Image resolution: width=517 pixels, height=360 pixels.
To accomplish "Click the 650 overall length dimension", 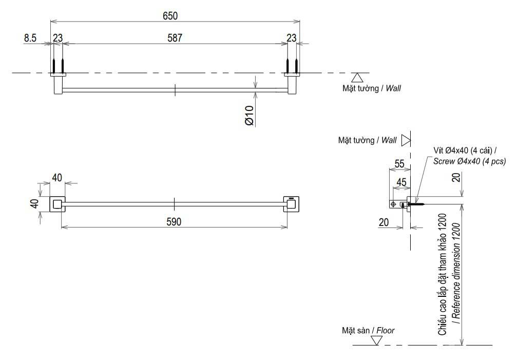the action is [170, 15].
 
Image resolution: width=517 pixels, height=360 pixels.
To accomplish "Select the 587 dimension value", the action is [175, 38].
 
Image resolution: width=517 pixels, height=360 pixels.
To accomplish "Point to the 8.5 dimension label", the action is [30, 38].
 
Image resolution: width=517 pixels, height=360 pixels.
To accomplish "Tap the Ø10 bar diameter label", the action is [250, 116].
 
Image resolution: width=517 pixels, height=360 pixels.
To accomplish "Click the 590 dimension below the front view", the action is [174, 222].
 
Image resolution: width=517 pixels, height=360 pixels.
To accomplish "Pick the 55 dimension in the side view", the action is [399, 164].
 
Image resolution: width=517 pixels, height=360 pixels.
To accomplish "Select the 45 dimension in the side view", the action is [401, 182].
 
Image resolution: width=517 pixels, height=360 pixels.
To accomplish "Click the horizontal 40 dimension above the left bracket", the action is [57, 178].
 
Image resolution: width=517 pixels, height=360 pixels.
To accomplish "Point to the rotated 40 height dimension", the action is [34, 203].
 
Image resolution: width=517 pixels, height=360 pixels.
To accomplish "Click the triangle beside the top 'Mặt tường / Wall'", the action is [357, 78].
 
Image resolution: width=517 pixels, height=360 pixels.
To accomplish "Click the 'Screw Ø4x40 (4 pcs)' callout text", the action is [469, 161].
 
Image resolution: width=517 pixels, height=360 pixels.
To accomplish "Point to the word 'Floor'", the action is [386, 330].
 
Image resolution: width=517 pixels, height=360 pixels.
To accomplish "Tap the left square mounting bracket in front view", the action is [58, 204].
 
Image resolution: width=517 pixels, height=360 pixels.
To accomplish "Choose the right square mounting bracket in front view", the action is [292, 204].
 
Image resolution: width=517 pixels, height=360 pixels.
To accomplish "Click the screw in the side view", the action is [416, 204].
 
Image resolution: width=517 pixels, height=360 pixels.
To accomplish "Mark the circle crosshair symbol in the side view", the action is [393, 204].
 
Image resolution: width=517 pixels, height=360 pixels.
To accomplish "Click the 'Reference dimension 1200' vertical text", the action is [456, 273].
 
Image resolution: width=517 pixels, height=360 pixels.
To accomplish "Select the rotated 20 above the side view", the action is [456, 178].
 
